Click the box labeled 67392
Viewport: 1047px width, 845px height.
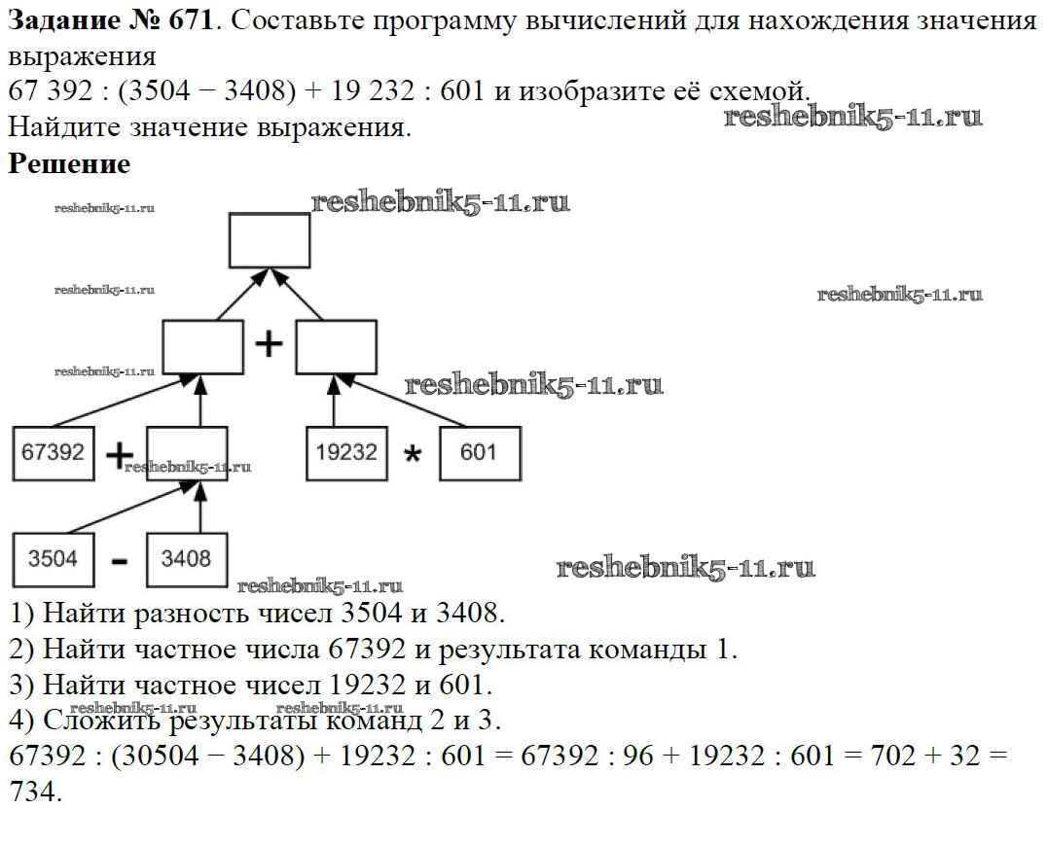click(54, 453)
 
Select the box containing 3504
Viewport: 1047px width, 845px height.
click(54, 559)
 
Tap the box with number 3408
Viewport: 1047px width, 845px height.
click(186, 559)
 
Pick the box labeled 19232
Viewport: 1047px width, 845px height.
click(347, 453)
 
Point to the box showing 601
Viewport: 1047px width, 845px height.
click(480, 453)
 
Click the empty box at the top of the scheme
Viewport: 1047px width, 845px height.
click(270, 240)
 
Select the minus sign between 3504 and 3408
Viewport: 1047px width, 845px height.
click(120, 562)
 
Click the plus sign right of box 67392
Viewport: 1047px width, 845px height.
click(120, 455)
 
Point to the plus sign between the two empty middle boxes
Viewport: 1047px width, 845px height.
click(269, 344)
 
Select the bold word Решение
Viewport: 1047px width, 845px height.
click(69, 163)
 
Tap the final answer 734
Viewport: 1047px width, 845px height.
click(32, 792)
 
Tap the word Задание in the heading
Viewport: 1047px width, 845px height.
click(59, 21)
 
